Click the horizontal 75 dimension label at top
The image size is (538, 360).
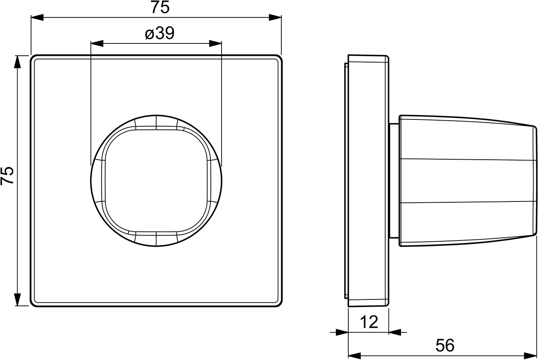160,7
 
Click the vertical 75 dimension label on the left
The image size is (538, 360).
7,175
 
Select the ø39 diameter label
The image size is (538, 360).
160,33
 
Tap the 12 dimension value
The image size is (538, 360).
369,322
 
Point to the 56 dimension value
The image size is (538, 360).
445,345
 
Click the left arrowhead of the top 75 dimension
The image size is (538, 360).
37,18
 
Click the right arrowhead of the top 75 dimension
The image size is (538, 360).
275,18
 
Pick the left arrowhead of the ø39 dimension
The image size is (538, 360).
97,43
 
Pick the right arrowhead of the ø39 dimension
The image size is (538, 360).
215,43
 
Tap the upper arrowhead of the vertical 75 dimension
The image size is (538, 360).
18,62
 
